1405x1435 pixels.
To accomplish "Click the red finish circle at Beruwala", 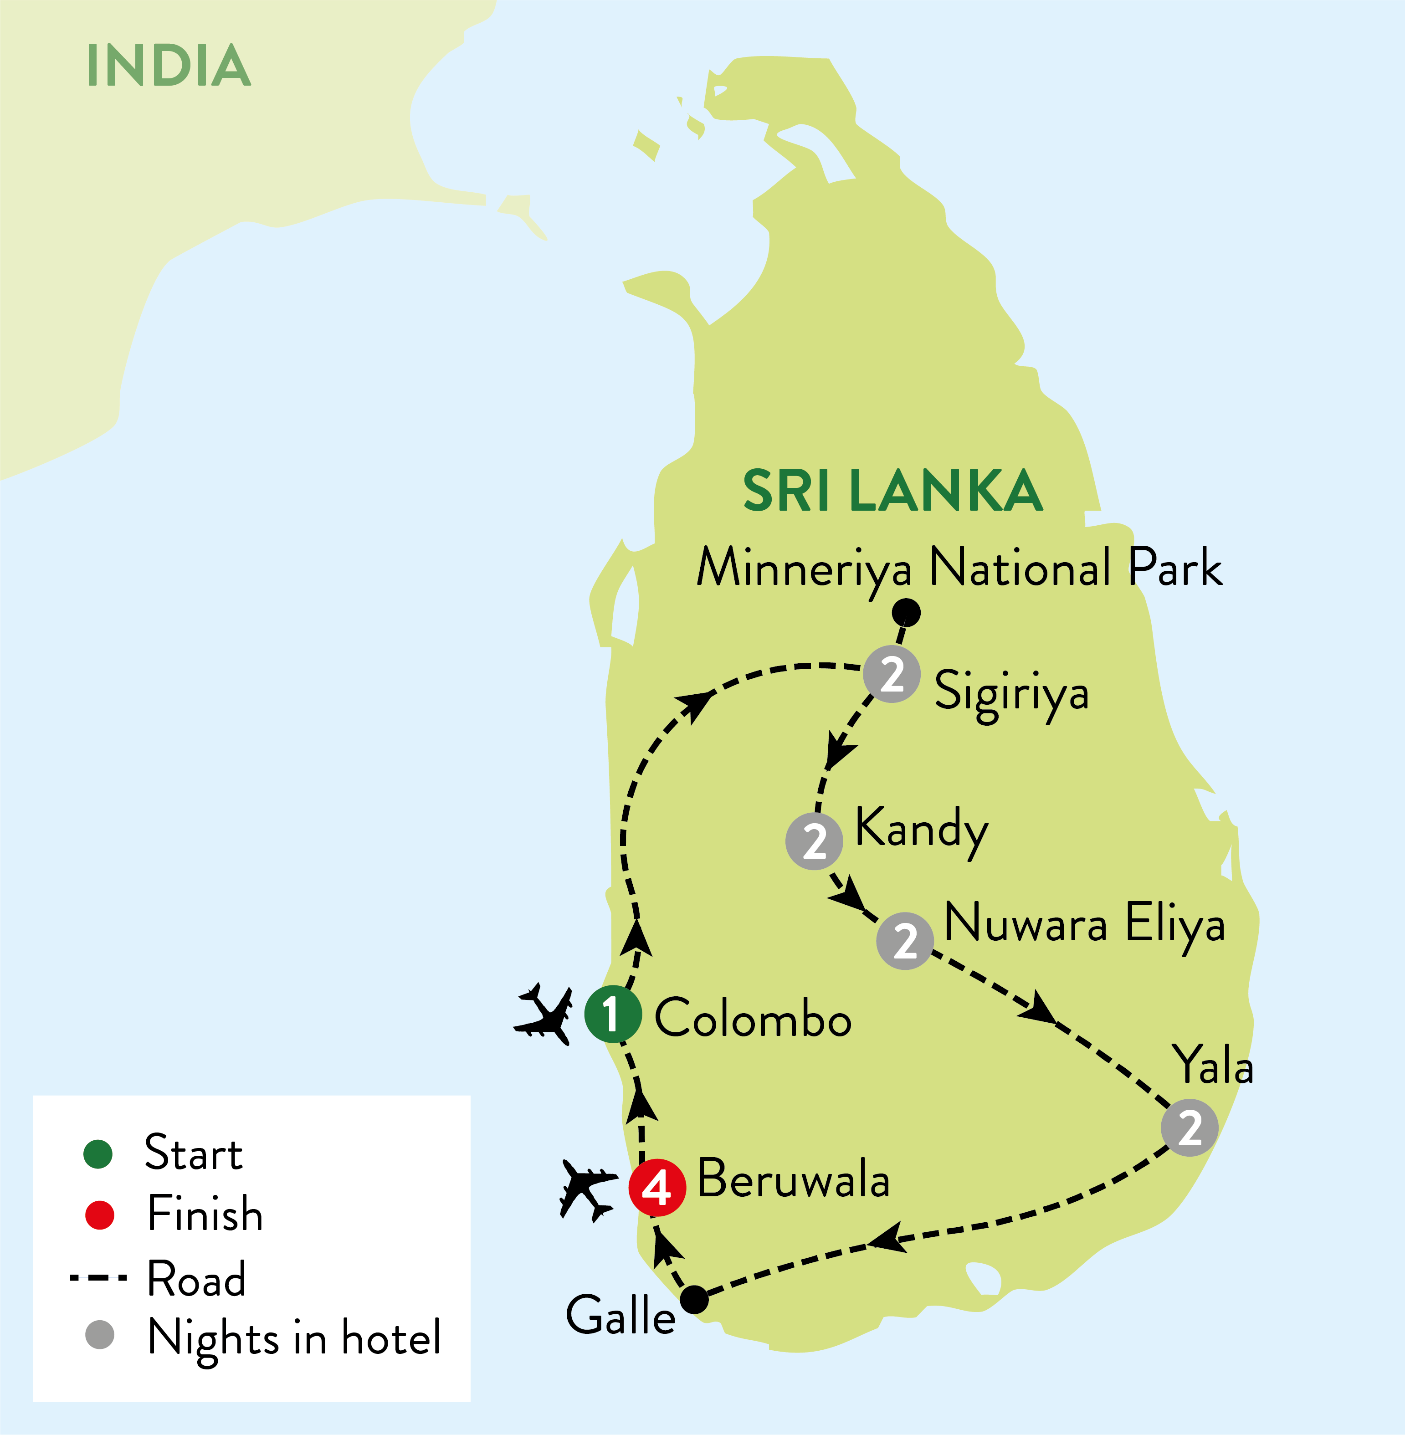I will tap(657, 1188).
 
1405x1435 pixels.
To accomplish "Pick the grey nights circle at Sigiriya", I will tap(892, 674).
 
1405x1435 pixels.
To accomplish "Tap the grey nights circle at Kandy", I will tap(814, 841).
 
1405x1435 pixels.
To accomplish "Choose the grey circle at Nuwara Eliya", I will tap(905, 941).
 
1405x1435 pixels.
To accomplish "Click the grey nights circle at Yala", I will tap(1189, 1127).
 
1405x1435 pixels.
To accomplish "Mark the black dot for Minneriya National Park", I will tap(906, 612).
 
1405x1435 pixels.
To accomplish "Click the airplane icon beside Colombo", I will tap(544, 1015).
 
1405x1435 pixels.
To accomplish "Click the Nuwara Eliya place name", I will tap(1085, 924).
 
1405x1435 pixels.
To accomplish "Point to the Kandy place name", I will tap(921, 829).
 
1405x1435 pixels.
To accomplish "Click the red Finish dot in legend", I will tap(100, 1215).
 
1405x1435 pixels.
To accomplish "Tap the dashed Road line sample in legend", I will tap(98, 1277).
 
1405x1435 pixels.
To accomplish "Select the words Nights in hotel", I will tap(294, 1338).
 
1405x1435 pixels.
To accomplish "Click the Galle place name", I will tap(620, 1316).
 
